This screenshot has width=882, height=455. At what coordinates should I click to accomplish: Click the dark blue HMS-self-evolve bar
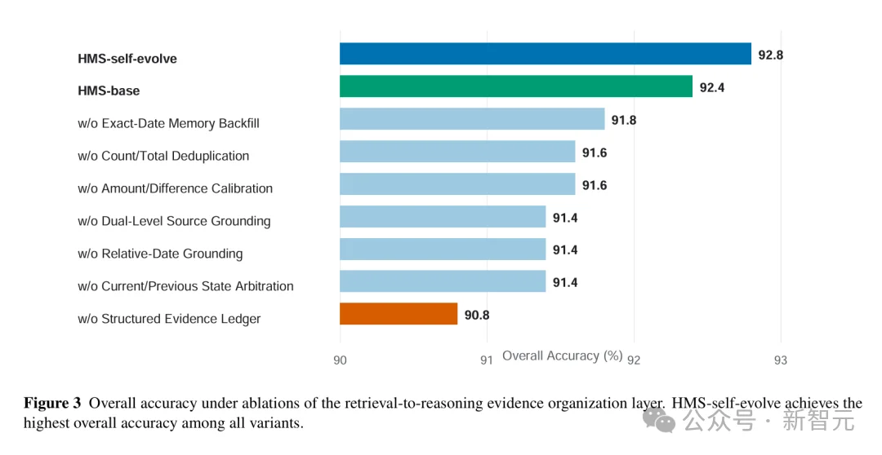pos(545,54)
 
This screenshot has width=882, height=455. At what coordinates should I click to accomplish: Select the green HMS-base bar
pos(516,86)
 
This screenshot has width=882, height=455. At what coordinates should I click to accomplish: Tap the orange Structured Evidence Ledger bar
pos(399,314)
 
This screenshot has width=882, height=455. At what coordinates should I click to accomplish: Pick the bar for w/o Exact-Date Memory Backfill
pos(472,119)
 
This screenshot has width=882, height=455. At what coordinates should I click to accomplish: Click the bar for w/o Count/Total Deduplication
pos(457,152)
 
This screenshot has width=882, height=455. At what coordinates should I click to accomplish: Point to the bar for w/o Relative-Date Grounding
pos(443,249)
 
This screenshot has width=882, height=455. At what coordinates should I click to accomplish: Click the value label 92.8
pos(771,55)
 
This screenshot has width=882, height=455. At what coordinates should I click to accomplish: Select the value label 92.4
pos(712,87)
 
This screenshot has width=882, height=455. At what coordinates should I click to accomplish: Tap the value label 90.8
pos(477,315)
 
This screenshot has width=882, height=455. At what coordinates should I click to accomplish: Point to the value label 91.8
pos(624,120)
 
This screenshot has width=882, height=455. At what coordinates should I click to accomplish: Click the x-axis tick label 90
pos(340,360)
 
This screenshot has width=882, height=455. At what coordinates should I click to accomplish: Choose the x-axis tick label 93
pos(781,360)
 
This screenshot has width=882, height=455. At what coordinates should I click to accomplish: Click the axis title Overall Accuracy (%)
pos(563,356)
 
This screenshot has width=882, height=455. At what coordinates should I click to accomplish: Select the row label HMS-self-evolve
pos(127,59)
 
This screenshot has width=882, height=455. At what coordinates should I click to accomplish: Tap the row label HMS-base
pos(109,91)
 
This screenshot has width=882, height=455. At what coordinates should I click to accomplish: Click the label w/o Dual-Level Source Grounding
pos(174,221)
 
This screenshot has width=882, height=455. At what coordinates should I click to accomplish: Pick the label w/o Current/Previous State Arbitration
pos(185,286)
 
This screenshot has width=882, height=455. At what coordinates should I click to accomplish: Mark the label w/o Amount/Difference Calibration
pos(175,188)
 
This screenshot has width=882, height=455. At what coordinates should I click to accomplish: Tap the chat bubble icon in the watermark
pos(659,420)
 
